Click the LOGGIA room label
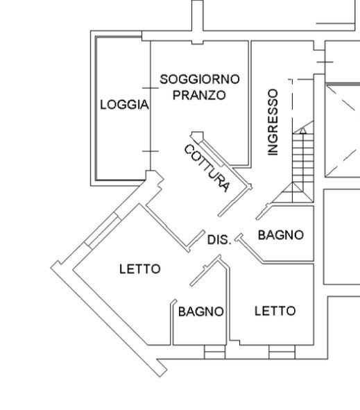pos(124,105)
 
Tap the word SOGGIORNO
pos(200,79)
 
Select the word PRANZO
pos(199,95)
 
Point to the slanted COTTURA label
pos(207,169)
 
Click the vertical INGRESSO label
pos(273,122)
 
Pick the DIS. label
pos(219,240)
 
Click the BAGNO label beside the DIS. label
pos(281,234)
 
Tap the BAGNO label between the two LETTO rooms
pos(200,311)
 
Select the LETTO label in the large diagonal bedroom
pos(140,269)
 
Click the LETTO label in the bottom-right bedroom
pos(275,311)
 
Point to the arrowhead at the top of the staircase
pos(302,130)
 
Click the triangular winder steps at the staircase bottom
pos(293,192)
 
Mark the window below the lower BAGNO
pos(214,352)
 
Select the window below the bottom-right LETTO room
pos(282,352)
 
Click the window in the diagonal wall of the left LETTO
pos(102,230)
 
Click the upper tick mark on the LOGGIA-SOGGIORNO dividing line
pos(151,88)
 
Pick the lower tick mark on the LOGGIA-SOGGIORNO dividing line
pos(151,151)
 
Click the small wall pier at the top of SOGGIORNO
pos(198,42)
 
